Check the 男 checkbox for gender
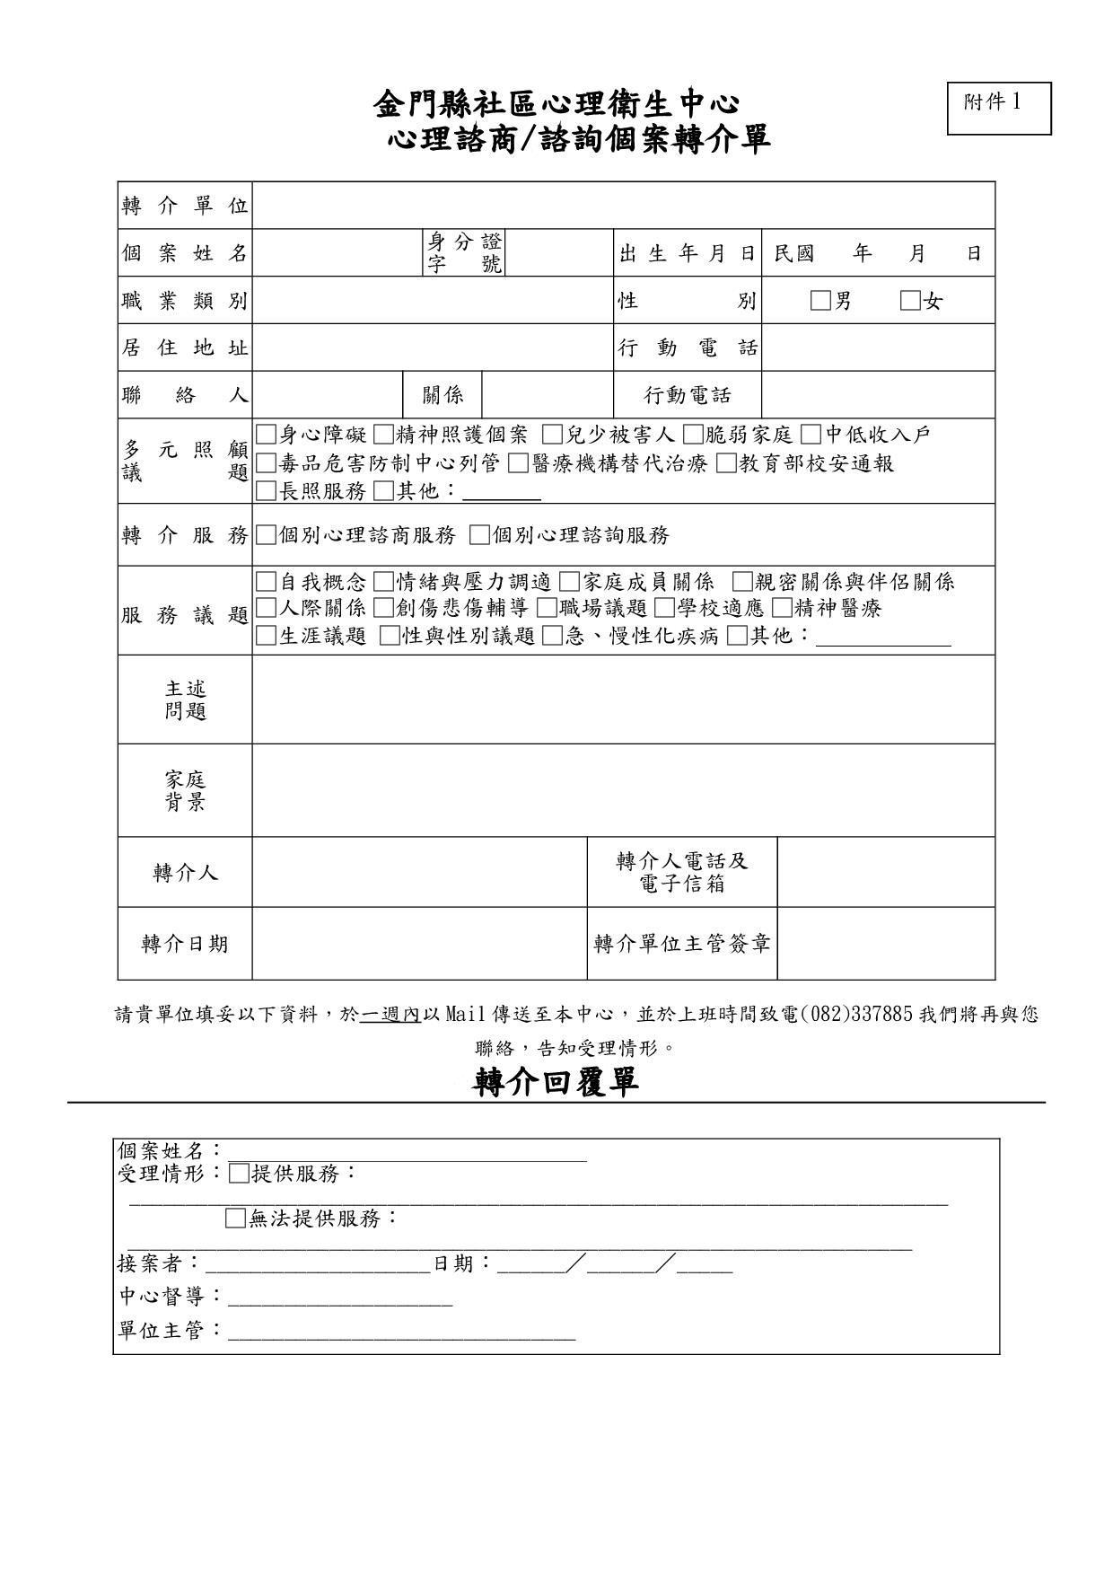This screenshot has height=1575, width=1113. click(x=820, y=301)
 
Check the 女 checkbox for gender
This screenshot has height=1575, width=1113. click(x=910, y=301)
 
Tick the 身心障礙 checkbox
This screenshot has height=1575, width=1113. click(x=266, y=435)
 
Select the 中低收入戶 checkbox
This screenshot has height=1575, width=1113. click(x=811, y=435)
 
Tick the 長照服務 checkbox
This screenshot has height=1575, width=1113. click(x=266, y=490)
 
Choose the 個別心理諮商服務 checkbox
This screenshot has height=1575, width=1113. click(x=266, y=535)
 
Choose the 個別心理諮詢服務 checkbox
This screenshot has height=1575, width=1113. click(x=479, y=535)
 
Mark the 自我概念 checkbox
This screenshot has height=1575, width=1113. click(x=266, y=582)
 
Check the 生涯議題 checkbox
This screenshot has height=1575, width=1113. click(x=266, y=636)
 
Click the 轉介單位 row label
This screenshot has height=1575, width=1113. click(x=185, y=206)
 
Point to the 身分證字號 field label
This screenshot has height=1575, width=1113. click(x=464, y=253)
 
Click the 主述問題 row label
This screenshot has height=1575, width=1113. click(x=185, y=700)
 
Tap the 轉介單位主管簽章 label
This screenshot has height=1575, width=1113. click(x=682, y=944)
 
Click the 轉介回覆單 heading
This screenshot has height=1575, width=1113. click(x=556, y=1081)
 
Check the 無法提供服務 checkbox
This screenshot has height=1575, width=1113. click(x=235, y=1219)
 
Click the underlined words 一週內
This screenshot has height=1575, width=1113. click(x=390, y=1015)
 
